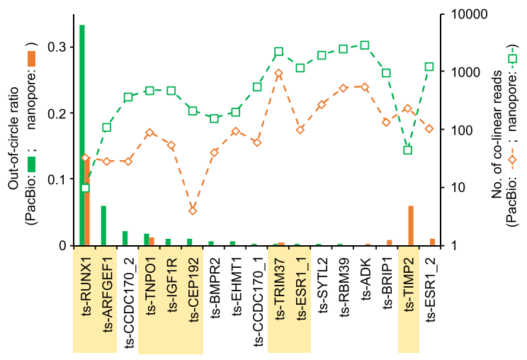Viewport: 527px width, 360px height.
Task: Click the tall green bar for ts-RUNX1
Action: (x=82, y=135)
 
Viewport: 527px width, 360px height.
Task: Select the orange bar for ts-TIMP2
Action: (x=411, y=226)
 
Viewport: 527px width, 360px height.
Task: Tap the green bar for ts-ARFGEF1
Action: (x=103, y=226)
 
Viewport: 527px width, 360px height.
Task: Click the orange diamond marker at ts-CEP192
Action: (x=193, y=210)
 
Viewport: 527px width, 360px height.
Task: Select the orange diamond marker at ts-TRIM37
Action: (x=279, y=73)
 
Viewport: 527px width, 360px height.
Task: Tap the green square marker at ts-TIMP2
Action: (x=407, y=150)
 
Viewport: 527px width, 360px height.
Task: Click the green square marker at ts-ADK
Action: (x=365, y=45)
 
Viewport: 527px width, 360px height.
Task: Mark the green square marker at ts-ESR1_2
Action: (x=429, y=67)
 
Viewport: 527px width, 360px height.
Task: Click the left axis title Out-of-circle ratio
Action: (x=13, y=129)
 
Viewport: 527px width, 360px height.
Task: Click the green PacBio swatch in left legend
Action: (x=31, y=164)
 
